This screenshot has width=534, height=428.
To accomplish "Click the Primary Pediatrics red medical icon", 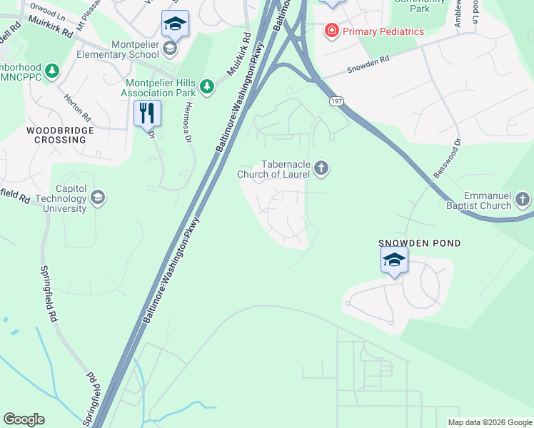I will (x=331, y=31).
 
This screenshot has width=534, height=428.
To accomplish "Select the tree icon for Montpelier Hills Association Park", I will (x=207, y=86).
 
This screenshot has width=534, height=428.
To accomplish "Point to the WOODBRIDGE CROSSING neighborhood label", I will (x=56, y=136).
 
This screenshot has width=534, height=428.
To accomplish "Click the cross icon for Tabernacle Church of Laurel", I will (x=321, y=168).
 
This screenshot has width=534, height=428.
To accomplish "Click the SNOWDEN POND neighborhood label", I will (x=419, y=243).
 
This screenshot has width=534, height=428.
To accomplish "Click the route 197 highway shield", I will (x=335, y=103).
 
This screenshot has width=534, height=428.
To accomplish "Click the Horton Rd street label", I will (x=78, y=106).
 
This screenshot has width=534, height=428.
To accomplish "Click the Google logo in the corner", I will (x=24, y=419).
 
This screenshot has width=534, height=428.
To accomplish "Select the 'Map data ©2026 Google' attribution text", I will (x=489, y=422).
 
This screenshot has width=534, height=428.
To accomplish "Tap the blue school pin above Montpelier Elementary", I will (x=174, y=24).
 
